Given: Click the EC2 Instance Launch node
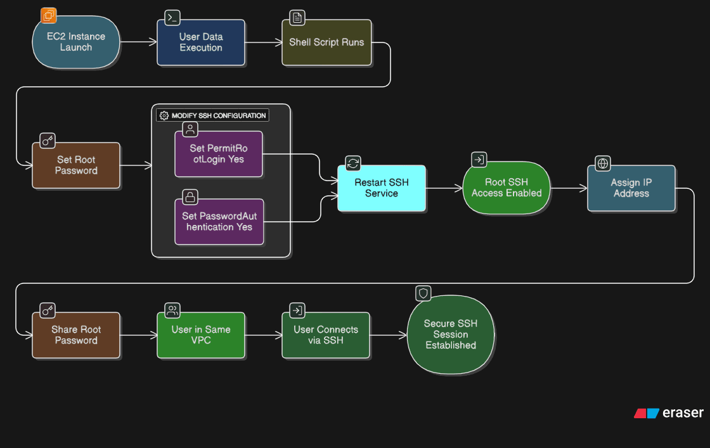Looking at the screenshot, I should tap(76, 42).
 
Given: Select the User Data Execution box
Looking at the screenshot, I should tap(200, 42).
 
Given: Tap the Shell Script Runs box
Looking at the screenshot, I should tap(326, 42).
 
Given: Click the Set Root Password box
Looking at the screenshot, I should tap(76, 165).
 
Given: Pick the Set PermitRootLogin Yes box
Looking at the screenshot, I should tap(218, 154).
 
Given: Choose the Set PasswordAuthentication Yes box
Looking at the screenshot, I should tap(218, 222).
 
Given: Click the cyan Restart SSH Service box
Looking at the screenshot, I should tap(381, 188).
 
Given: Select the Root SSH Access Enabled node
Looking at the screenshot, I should tap(507, 188).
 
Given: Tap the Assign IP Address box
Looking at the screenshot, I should tap(631, 188).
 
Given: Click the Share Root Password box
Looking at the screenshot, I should tap(76, 335).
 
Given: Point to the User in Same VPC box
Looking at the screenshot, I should tap(200, 335).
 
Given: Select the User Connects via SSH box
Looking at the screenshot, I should tap(325, 335).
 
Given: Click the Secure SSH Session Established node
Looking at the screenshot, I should tap(451, 335).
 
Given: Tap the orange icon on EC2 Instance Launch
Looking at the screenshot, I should tap(49, 15).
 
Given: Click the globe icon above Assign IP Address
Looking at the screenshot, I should tap(602, 163).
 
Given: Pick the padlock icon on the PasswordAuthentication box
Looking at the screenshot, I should tap(190, 196).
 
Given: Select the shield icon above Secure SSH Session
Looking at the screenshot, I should tap(423, 293).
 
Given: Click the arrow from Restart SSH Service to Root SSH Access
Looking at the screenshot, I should tap(444, 188).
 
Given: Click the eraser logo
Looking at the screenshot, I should tap(669, 413).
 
